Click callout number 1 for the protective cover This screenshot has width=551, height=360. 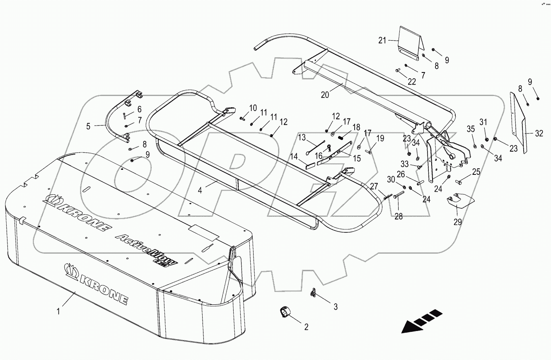point(58,310)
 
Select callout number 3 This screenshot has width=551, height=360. point(336,307)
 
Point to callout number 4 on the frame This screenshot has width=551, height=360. point(200,191)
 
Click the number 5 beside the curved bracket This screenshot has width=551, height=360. point(88,126)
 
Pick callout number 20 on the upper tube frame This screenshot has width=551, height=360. point(325,94)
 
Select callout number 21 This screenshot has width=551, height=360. point(382,40)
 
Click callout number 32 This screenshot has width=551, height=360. point(539,133)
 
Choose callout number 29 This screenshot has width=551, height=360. point(457,222)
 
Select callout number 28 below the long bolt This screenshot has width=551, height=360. point(399,216)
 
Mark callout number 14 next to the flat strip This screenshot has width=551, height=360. point(294,157)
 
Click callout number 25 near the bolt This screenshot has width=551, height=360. point(476,172)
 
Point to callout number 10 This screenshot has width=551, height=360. point(253,108)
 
